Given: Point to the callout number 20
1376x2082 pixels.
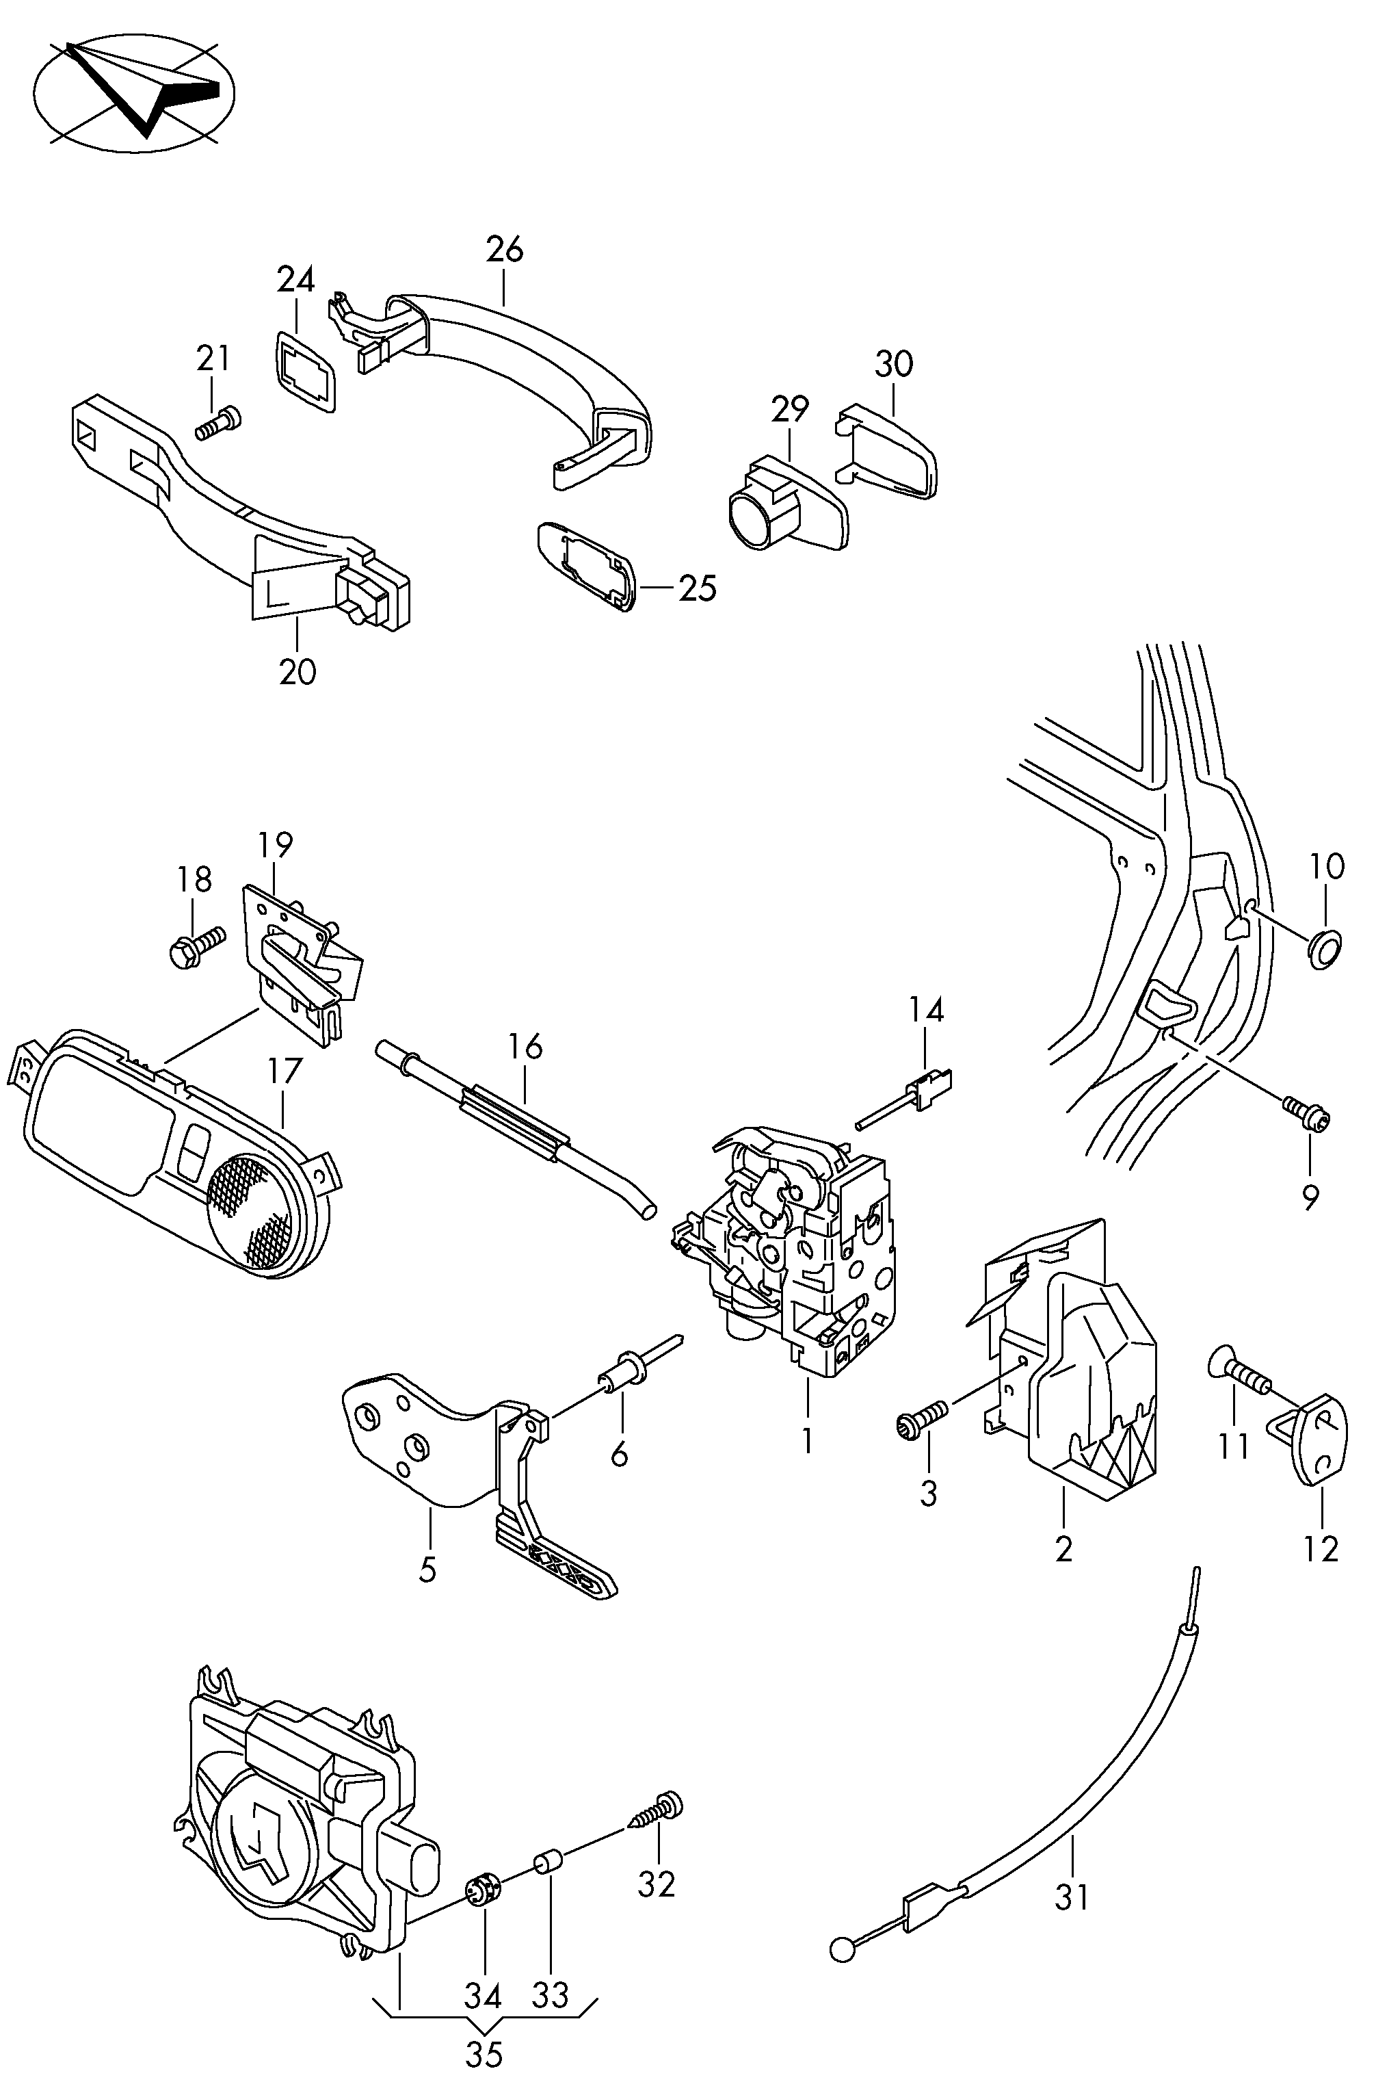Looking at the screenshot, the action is (x=297, y=673).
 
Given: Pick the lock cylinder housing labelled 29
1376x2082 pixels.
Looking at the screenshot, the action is (x=787, y=504).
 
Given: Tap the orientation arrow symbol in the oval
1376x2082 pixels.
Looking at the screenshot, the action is (x=136, y=90).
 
